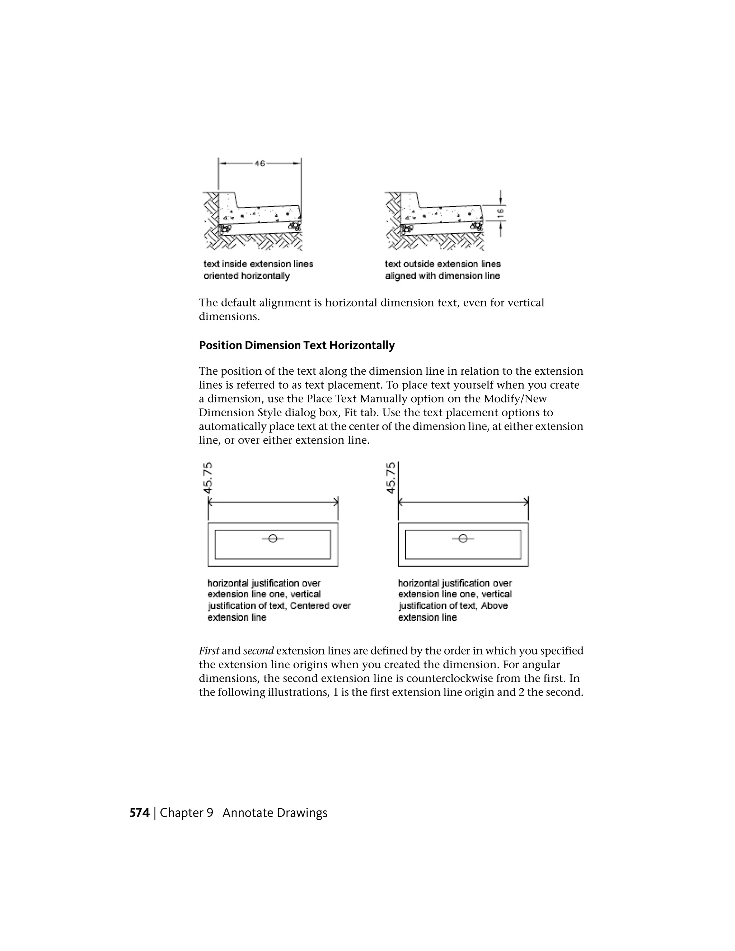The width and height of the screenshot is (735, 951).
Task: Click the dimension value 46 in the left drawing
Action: coord(259,164)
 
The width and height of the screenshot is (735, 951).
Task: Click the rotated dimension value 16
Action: coord(500,213)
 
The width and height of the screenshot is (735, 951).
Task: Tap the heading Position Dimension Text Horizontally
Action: coord(296,345)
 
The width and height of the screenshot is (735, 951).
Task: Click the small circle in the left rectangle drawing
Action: coord(273,539)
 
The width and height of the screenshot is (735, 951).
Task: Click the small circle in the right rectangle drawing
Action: coord(463,539)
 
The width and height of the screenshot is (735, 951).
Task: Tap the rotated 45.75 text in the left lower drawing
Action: coord(209,478)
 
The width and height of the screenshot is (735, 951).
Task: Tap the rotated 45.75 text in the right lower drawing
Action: coord(391,478)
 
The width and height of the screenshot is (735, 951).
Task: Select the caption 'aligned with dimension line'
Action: coord(443,276)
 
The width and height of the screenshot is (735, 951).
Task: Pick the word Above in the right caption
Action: coord(494,606)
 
